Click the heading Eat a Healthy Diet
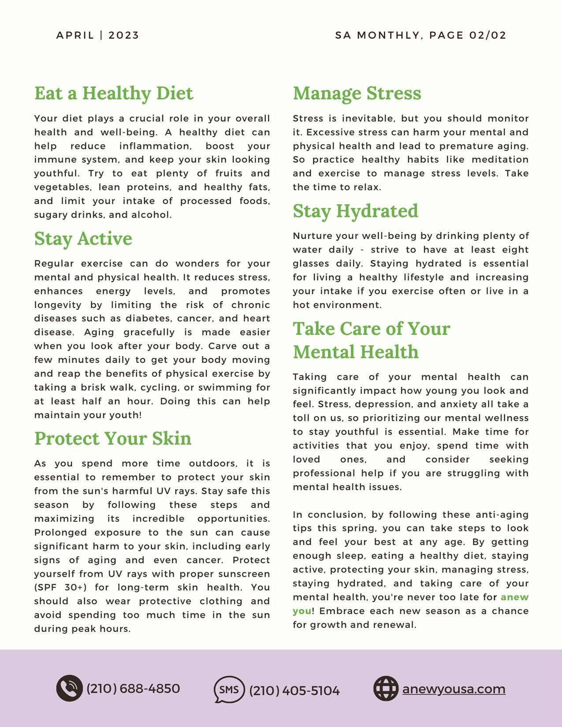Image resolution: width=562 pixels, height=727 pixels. tap(114, 93)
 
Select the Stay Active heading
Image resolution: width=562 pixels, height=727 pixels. tap(83, 239)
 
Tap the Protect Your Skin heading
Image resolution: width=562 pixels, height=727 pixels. tap(113, 439)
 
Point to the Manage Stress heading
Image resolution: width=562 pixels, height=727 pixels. tap(357, 93)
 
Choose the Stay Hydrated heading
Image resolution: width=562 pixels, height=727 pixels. tap(355, 211)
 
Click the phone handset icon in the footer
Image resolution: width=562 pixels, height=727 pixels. tap(69, 688)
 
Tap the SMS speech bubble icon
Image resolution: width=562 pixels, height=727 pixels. tap(229, 689)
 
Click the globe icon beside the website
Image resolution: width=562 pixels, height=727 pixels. tap(386, 688)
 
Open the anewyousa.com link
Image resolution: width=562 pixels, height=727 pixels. tap(454, 689)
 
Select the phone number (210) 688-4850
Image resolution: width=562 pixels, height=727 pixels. tap(133, 688)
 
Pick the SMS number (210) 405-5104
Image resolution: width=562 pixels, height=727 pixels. tap(294, 690)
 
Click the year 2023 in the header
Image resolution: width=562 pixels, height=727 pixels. tap(124, 35)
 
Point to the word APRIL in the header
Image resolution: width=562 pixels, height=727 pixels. tap(75, 35)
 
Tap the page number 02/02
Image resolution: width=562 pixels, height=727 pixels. tap(488, 35)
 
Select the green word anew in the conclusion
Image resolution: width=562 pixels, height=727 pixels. tap(514, 597)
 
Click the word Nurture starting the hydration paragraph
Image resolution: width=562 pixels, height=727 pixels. tap(311, 236)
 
